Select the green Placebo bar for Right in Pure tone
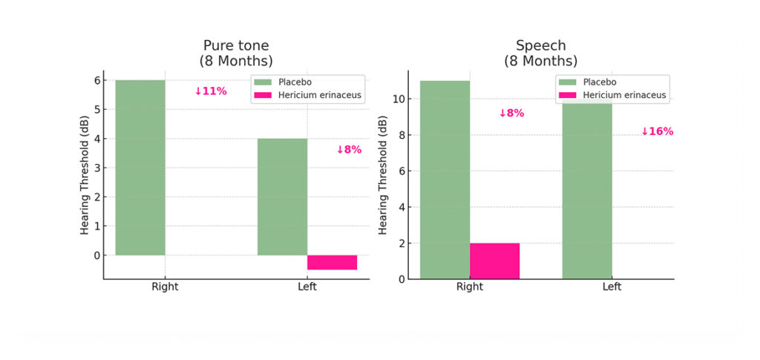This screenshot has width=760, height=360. click(140, 167)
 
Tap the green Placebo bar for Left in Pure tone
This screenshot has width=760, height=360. click(282, 197)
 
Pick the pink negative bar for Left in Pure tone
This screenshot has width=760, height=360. click(332, 262)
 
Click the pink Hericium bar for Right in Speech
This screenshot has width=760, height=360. click(494, 261)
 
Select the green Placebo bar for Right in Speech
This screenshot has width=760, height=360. click(445, 180)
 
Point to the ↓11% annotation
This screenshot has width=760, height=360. click(211, 91)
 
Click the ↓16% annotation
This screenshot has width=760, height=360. click(657, 131)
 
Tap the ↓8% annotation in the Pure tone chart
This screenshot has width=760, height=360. click(349, 149)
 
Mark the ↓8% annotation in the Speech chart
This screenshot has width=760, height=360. click(511, 114)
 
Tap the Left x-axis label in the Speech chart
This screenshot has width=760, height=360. click(612, 287)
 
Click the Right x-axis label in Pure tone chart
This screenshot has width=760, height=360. click(165, 287)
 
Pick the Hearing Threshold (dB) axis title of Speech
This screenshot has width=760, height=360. click(382, 175)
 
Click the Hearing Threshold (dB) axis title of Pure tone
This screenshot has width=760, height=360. click(85, 175)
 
